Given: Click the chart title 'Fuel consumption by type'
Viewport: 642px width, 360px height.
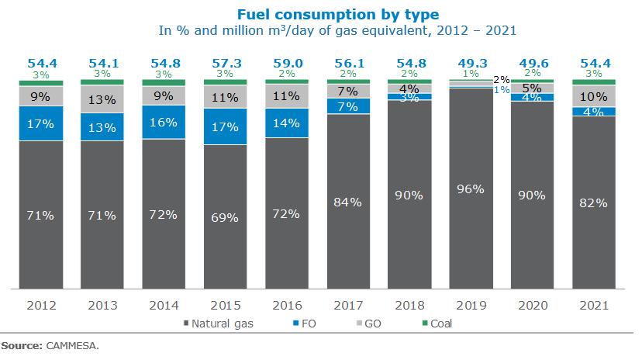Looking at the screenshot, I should tap(337, 15).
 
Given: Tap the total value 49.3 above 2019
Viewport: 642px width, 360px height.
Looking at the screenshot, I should tap(471, 63).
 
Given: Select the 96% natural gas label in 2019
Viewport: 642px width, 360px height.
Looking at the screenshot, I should tap(471, 189).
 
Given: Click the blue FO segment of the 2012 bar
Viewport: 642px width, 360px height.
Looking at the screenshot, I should tap(40, 123).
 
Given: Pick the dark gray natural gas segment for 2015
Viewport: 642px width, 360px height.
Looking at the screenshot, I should tap(225, 217).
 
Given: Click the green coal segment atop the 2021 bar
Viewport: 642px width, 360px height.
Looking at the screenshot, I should tap(594, 81).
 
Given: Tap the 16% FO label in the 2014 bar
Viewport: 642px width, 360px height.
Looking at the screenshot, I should tap(163, 123).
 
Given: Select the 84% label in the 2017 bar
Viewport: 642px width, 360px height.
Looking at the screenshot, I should tap(347, 202).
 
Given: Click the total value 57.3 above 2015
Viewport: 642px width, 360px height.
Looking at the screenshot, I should tap(225, 63).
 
